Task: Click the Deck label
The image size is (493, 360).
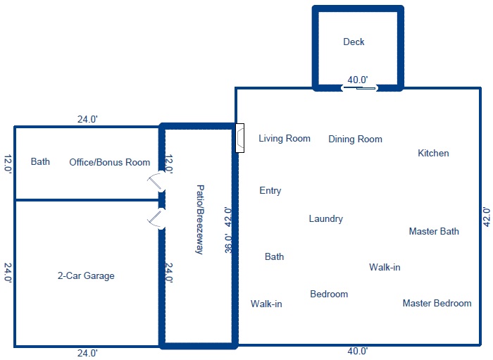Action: pyautogui.click(x=354, y=42)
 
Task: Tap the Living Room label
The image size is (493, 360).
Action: pyautogui.click(x=285, y=138)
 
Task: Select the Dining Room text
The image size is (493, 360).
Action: pyautogui.click(x=355, y=139)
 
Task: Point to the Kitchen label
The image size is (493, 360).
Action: pyautogui.click(x=433, y=153)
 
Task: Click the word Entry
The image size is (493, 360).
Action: pyautogui.click(x=270, y=190)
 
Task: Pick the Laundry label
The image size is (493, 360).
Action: pyautogui.click(x=325, y=219)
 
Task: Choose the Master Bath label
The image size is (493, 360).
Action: pyautogui.click(x=434, y=231)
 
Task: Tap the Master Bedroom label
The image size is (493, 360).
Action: pyautogui.click(x=437, y=303)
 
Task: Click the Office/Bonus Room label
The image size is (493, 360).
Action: pyautogui.click(x=110, y=162)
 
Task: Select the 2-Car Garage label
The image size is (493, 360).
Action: pyautogui.click(x=86, y=275)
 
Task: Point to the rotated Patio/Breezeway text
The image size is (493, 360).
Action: pyautogui.click(x=200, y=220)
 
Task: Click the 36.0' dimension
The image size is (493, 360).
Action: pyautogui.click(x=228, y=243)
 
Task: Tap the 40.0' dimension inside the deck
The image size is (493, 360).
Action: pyautogui.click(x=358, y=80)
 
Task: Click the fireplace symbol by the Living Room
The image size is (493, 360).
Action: pyautogui.click(x=240, y=138)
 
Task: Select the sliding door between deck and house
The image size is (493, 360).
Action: pyautogui.click(x=360, y=88)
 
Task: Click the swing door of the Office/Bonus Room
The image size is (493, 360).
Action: pyautogui.click(x=156, y=182)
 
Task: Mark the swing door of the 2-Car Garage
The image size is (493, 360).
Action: pyautogui.click(x=155, y=218)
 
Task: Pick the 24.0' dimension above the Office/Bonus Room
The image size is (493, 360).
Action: pyautogui.click(x=87, y=120)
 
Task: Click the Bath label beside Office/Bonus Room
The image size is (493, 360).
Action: pyautogui.click(x=40, y=161)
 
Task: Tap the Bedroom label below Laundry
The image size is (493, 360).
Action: pyautogui.click(x=329, y=294)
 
